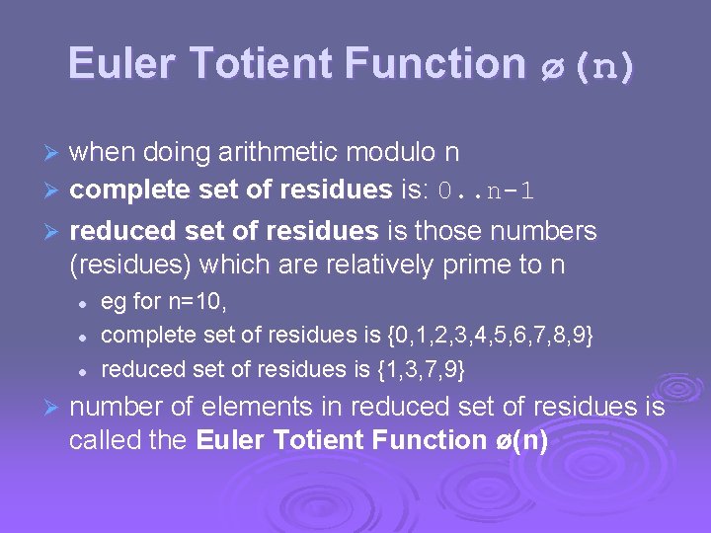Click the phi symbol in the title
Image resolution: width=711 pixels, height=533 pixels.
click(x=550, y=66)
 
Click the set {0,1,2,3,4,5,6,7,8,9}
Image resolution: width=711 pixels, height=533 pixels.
click(x=491, y=337)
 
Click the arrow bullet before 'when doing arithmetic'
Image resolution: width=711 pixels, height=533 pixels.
click(x=53, y=154)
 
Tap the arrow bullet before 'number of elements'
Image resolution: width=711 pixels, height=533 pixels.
click(x=53, y=408)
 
